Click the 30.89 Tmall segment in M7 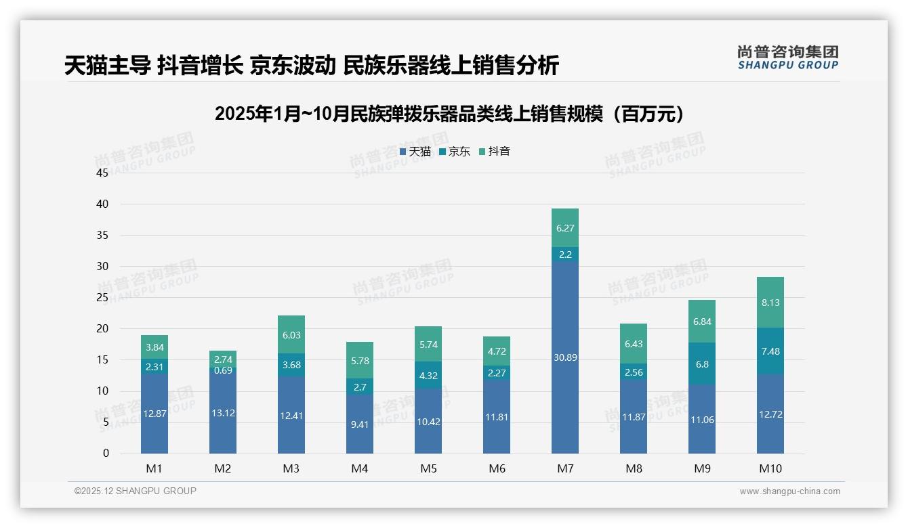(564, 357)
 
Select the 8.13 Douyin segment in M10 (770, 303)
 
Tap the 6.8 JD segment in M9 (702, 364)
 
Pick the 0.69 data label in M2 (223, 370)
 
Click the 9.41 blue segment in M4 (360, 424)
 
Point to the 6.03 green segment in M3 (291, 334)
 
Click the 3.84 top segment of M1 (154, 347)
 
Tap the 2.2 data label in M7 (564, 255)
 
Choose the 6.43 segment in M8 (634, 344)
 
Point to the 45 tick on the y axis (102, 173)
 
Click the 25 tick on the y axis (102, 297)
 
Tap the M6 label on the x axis (497, 468)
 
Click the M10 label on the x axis (770, 468)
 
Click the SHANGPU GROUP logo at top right (787, 58)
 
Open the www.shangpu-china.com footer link (789, 491)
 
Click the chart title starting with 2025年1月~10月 (449, 114)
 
